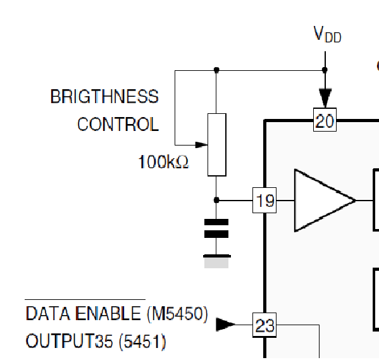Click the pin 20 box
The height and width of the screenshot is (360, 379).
[x=325, y=120]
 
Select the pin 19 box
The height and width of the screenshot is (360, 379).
[x=264, y=200]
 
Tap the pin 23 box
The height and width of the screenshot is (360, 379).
[x=264, y=325]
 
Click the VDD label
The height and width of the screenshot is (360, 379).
[x=327, y=34]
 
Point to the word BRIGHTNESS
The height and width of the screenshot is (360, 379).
[x=104, y=96]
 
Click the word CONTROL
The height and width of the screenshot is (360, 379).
[x=118, y=124]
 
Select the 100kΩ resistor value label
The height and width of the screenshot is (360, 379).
[x=163, y=162]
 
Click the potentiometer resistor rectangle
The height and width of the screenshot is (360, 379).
[x=217, y=145]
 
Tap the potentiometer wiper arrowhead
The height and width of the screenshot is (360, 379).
[x=201, y=145]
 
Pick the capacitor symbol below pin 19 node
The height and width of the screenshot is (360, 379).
[x=216, y=228]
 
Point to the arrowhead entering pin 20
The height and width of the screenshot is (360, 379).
[x=325, y=98]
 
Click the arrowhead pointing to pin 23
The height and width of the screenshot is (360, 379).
[x=225, y=325]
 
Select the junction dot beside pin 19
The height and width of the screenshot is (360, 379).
[x=216, y=200]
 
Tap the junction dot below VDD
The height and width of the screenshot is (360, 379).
[x=325, y=70]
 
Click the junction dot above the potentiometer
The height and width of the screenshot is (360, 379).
[x=216, y=70]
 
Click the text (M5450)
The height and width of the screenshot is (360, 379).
[x=177, y=314]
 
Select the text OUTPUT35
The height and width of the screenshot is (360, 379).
[x=69, y=341]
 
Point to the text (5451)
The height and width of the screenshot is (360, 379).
[x=142, y=342]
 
